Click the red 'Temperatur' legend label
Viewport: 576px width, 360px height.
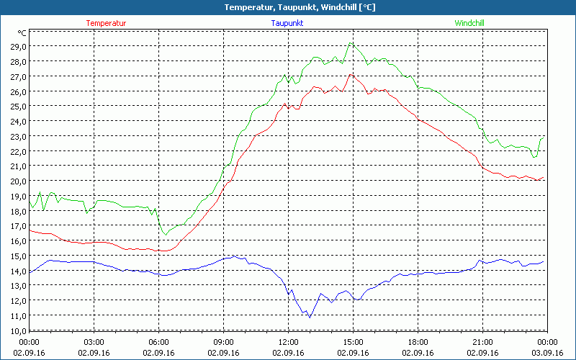[x=106, y=23]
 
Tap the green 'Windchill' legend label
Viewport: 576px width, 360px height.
[x=469, y=23]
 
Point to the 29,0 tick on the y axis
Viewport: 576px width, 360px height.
[x=17, y=46]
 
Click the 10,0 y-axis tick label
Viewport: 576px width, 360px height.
[x=17, y=330]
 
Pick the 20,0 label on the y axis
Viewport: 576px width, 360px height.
[x=17, y=181]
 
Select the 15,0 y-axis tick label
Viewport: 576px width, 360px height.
[x=17, y=256]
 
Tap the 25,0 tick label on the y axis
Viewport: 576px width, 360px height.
[x=17, y=106]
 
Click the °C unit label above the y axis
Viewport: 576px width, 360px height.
[x=22, y=33]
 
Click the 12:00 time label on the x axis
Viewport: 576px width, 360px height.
[x=289, y=342]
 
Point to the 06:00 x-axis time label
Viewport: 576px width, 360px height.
[x=159, y=342]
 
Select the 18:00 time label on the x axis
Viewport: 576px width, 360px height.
[x=418, y=342]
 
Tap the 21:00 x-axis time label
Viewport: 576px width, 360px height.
[x=483, y=342]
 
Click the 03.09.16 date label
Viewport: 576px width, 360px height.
[x=547, y=353]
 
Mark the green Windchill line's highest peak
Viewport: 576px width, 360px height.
[x=351, y=42]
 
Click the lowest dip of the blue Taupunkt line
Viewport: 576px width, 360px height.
[x=310, y=317]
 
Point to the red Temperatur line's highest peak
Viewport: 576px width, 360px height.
[x=351, y=73]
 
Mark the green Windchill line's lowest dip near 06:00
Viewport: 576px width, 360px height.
[x=166, y=235]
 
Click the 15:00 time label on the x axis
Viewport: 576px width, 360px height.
[x=354, y=342]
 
